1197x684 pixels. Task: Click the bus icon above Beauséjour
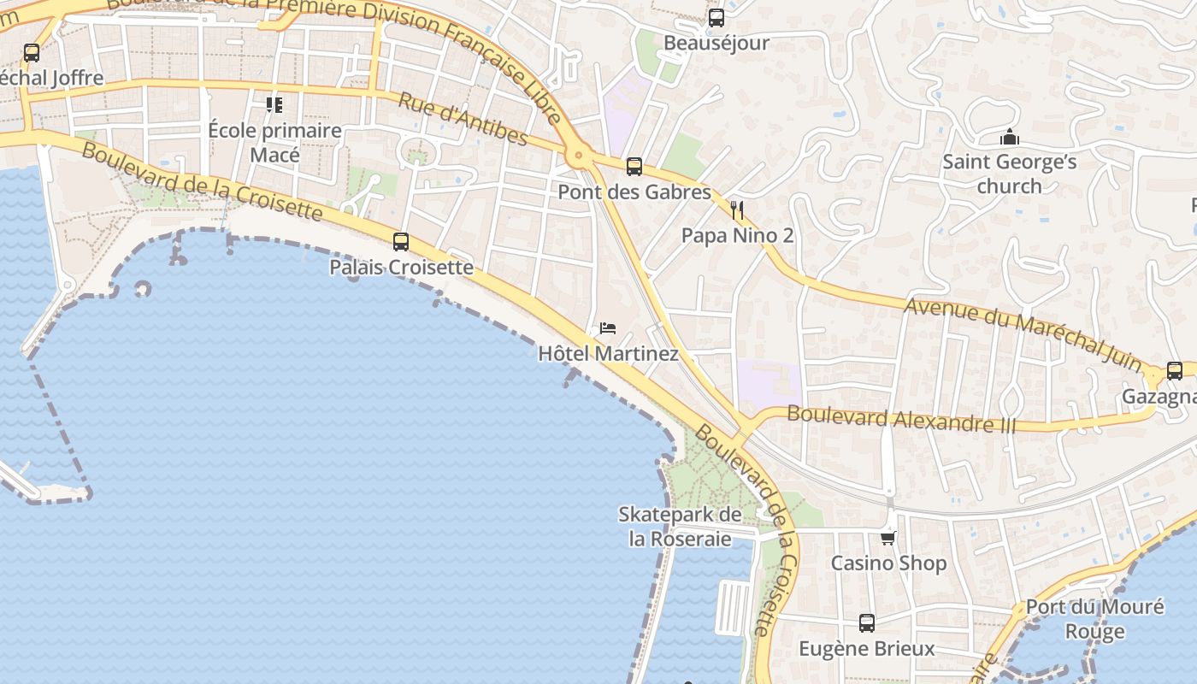tap(716, 17)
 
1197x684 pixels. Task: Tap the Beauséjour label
tap(716, 43)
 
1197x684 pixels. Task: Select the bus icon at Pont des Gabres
tap(634, 167)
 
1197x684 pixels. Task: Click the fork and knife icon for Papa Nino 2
tap(737, 210)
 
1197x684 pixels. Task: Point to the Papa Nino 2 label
tap(737, 236)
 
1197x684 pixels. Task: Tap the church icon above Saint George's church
tap(1010, 137)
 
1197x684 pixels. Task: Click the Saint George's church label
tap(1010, 174)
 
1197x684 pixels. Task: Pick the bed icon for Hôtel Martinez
tap(608, 328)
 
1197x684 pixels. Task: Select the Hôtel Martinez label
tap(608, 354)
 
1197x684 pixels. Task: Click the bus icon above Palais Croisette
tap(401, 242)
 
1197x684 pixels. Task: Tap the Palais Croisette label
tap(401, 268)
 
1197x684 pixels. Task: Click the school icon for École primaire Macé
tap(274, 105)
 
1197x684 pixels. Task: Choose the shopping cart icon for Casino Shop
tap(888, 538)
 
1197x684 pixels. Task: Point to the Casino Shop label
tap(888, 563)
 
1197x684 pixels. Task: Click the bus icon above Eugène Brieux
tap(867, 623)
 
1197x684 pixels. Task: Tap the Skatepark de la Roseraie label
tap(681, 527)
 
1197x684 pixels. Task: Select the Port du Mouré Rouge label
tap(1094, 619)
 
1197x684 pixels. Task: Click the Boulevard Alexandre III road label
tap(901, 419)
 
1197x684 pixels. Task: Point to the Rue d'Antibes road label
tap(463, 118)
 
